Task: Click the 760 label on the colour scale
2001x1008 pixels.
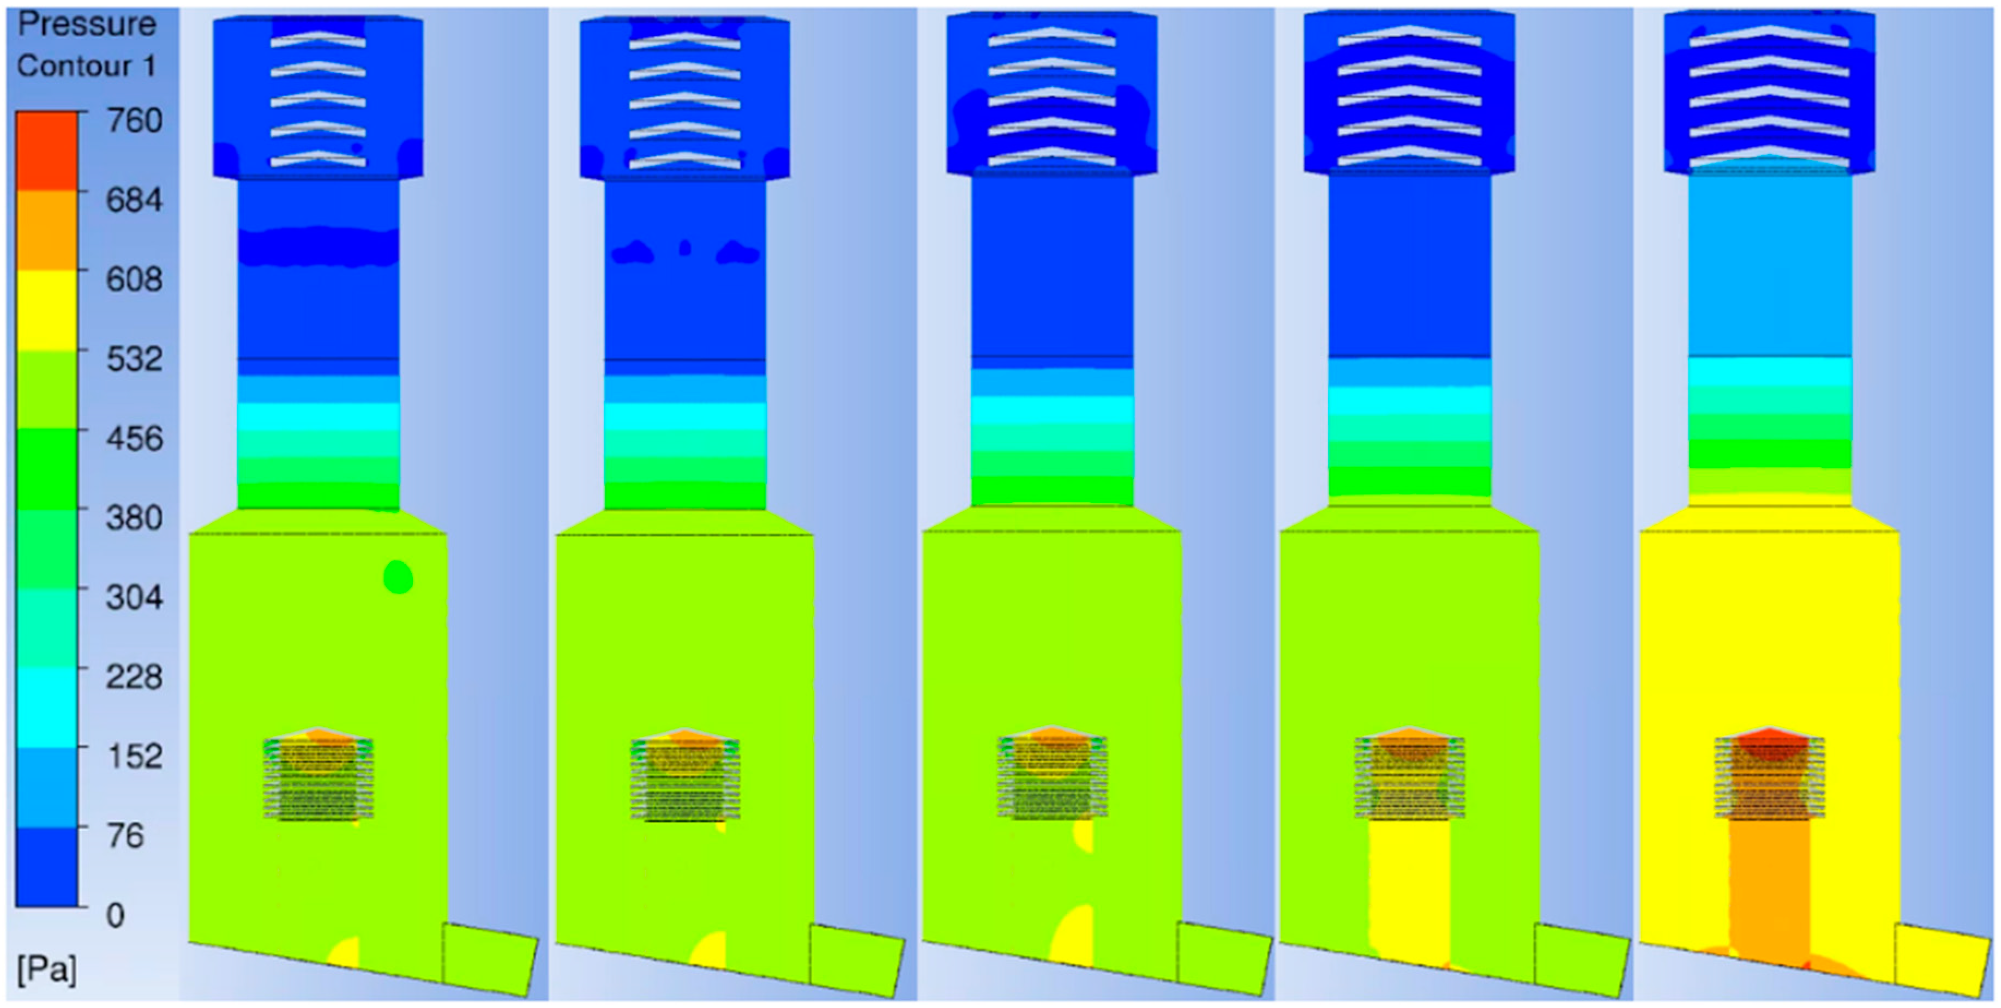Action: [134, 120]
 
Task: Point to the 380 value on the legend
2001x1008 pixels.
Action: [134, 517]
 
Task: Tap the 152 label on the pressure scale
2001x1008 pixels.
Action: [134, 756]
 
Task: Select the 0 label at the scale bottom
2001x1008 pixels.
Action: [115, 915]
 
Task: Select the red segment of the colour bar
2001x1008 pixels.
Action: [46, 152]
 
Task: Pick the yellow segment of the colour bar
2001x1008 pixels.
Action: [46, 311]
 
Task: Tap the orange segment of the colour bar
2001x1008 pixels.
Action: [46, 231]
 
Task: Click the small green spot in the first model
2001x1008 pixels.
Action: [398, 577]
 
